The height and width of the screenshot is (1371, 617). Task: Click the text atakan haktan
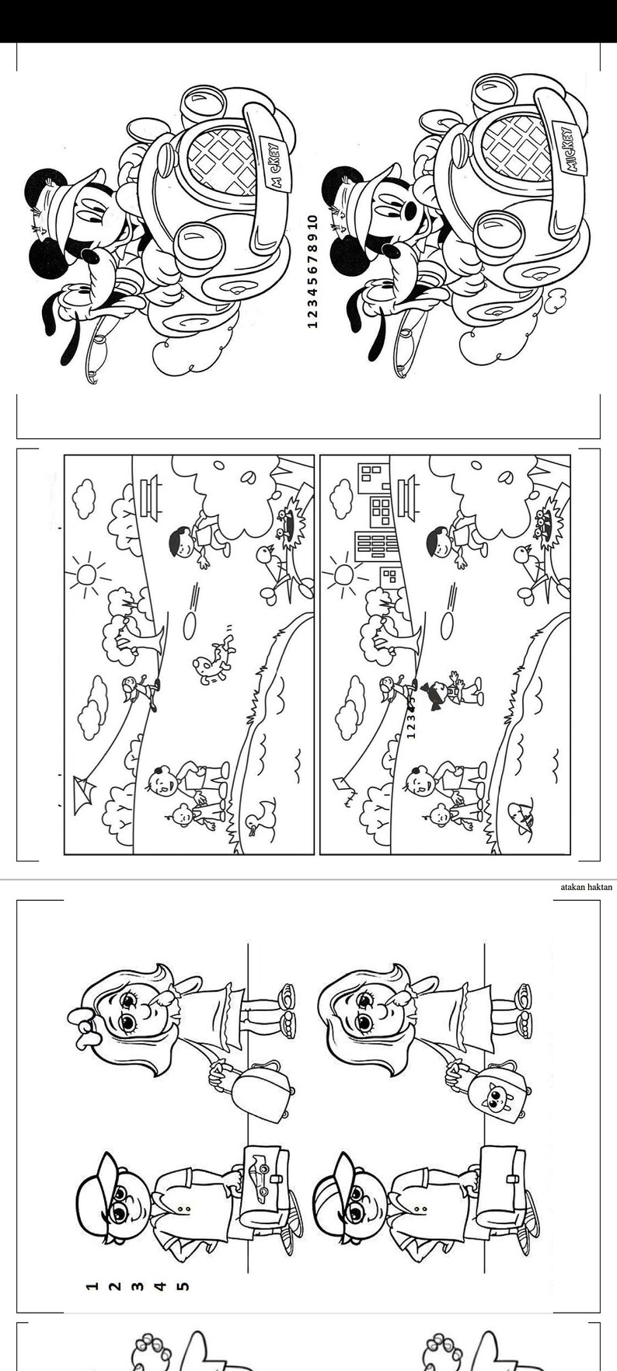point(587,886)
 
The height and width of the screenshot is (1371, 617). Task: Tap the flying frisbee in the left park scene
point(189,624)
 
